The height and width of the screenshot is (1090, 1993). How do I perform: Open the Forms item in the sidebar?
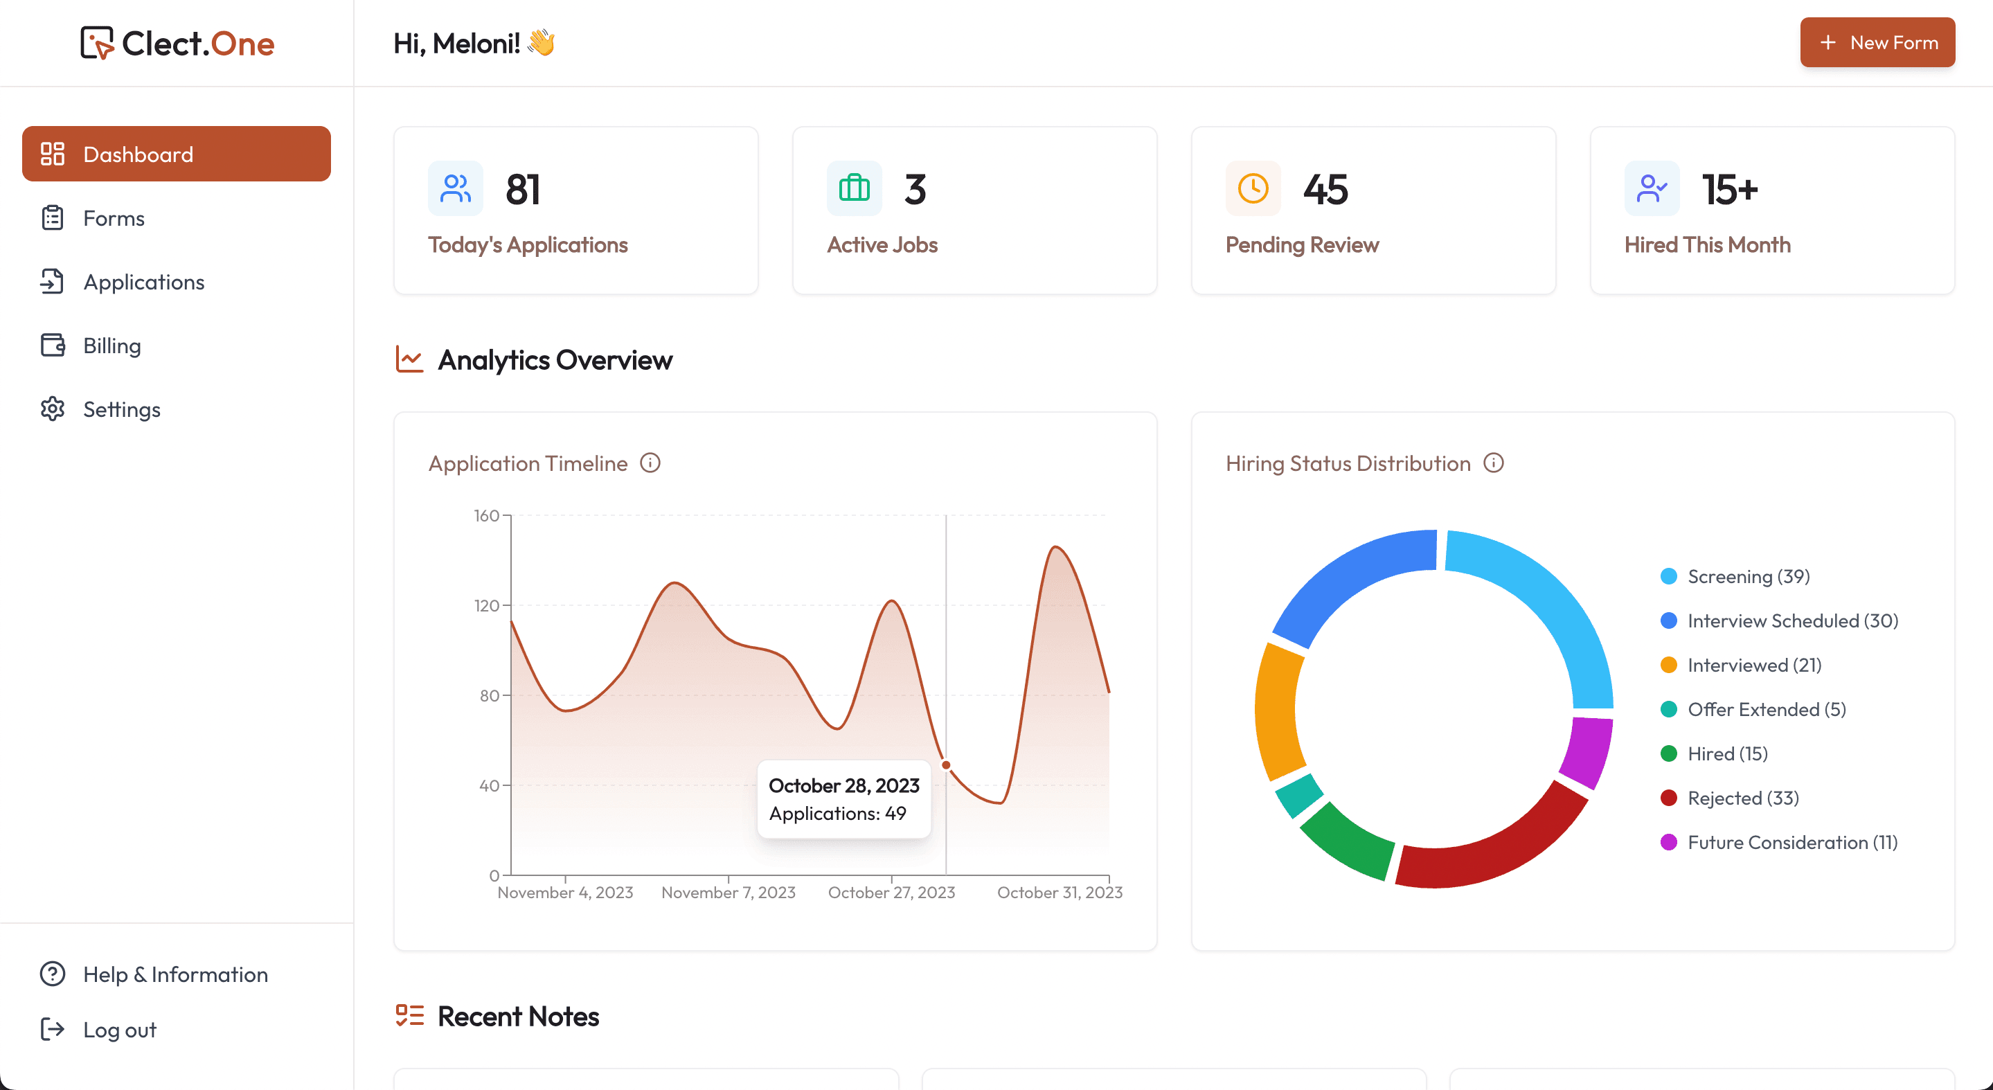[114, 218]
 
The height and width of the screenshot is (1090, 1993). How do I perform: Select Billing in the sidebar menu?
[111, 346]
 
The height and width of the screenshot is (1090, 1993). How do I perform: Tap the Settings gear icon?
[53, 409]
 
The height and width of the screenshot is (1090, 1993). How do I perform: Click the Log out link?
[119, 1030]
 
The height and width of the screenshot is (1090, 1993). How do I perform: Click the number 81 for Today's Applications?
[523, 190]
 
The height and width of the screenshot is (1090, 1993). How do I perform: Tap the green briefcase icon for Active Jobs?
[854, 188]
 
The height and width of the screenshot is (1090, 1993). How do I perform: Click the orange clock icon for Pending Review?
[1253, 188]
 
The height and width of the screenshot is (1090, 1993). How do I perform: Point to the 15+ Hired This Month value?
[1730, 190]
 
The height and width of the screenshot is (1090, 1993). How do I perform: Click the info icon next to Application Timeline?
[650, 463]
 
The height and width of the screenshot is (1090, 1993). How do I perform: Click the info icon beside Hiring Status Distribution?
[1493, 463]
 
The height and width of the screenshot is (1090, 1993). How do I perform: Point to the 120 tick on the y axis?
[487, 605]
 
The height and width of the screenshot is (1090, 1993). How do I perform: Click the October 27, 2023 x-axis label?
[891, 892]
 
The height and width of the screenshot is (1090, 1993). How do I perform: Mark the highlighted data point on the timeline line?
[945, 765]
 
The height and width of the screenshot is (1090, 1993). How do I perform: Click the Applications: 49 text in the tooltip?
[837, 813]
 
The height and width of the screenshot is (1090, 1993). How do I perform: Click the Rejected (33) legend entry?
[1742, 798]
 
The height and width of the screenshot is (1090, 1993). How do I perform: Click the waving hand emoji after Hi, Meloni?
[541, 42]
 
